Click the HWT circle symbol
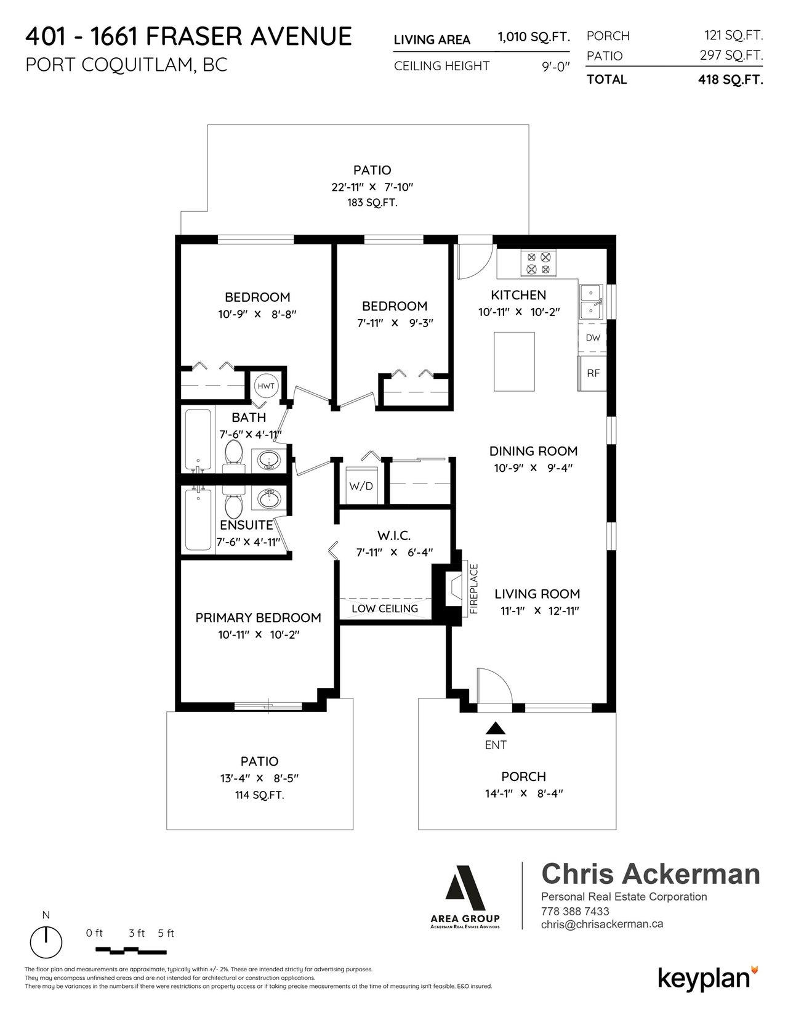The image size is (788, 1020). coord(266,386)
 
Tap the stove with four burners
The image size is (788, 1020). coord(538,263)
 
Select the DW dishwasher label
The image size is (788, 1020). coord(593,338)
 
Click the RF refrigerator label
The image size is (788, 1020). coord(593,373)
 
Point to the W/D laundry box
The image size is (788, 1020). coord(361,485)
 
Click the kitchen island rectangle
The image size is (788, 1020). coord(514,362)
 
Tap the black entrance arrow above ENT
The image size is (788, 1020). coord(496,728)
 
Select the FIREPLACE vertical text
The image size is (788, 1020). coord(474,589)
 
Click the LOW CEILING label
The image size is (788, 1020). coord(385,609)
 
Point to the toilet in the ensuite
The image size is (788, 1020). coord(233,500)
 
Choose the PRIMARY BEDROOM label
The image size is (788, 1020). coord(258,618)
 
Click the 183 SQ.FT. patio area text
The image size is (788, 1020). coord(372,203)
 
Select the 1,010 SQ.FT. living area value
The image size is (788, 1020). coord(534,37)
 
